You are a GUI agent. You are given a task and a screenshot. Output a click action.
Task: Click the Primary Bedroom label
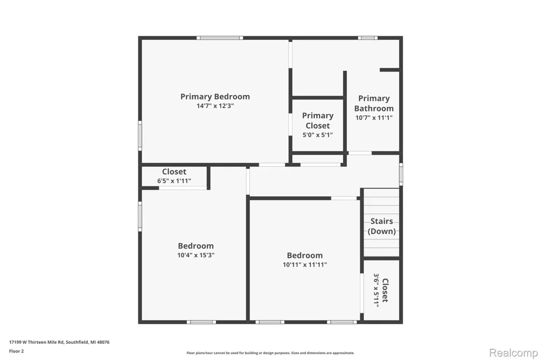215,97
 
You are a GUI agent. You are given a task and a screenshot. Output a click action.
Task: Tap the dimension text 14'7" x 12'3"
215,106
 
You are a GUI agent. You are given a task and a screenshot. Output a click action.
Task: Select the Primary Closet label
318,121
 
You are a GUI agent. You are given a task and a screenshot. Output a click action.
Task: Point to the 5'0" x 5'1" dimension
318,135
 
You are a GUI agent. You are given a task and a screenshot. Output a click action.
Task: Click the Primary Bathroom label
374,103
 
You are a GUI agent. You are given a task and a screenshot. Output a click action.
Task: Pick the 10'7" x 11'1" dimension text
374,118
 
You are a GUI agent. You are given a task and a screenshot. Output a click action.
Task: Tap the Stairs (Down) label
381,226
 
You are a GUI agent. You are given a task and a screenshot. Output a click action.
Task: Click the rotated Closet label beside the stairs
385,290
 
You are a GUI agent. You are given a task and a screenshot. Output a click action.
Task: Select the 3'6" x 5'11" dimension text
377,290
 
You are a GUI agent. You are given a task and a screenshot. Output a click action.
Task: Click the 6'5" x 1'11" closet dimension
174,181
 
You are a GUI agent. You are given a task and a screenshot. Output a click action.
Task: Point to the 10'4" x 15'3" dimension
196,255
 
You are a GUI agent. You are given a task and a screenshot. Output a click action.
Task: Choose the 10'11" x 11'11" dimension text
305,265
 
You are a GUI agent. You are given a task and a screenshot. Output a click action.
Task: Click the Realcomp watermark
513,353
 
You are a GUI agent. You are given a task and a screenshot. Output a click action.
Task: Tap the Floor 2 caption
16,351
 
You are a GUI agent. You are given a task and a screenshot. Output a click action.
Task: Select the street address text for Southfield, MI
59,342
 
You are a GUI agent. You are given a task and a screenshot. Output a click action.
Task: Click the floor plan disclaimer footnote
270,353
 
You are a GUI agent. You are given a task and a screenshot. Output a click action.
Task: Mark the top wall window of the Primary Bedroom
220,38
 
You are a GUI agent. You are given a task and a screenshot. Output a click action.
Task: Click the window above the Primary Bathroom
367,38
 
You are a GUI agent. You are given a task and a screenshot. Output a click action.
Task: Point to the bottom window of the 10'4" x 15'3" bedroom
201,322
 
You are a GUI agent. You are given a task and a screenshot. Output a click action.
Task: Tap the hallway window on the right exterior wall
401,174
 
